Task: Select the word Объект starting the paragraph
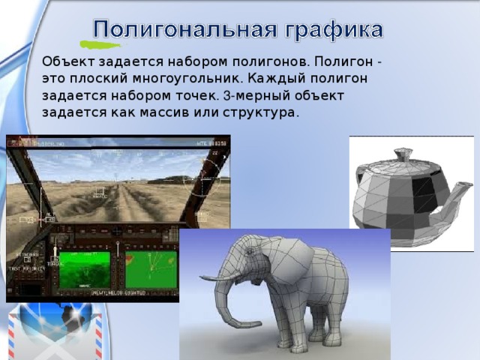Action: point(65,61)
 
